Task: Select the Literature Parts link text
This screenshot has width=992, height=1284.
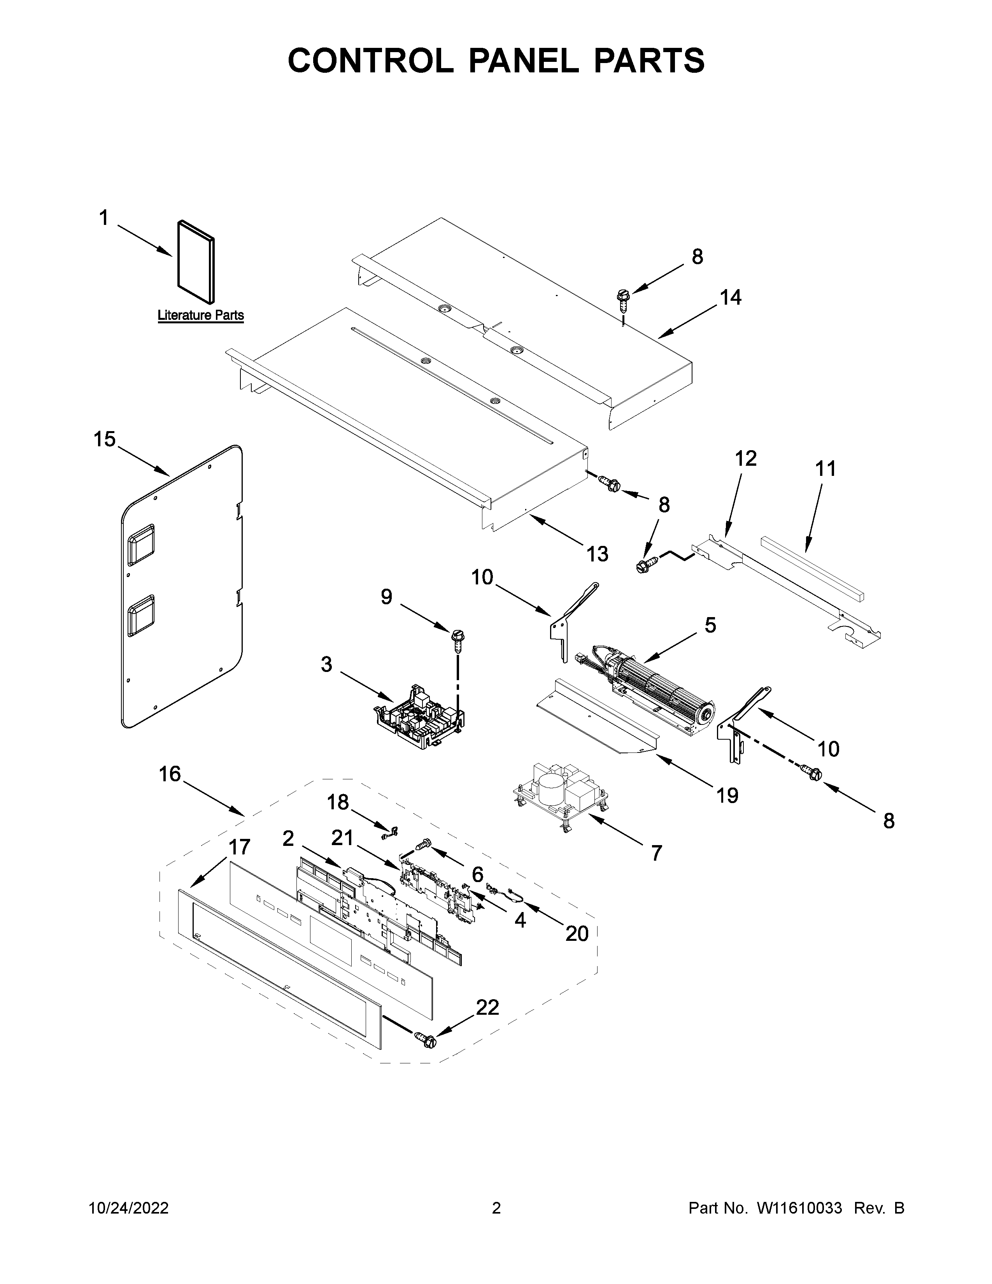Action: [200, 315]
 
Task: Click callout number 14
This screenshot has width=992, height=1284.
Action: [731, 298]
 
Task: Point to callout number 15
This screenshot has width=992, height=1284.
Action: [105, 439]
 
